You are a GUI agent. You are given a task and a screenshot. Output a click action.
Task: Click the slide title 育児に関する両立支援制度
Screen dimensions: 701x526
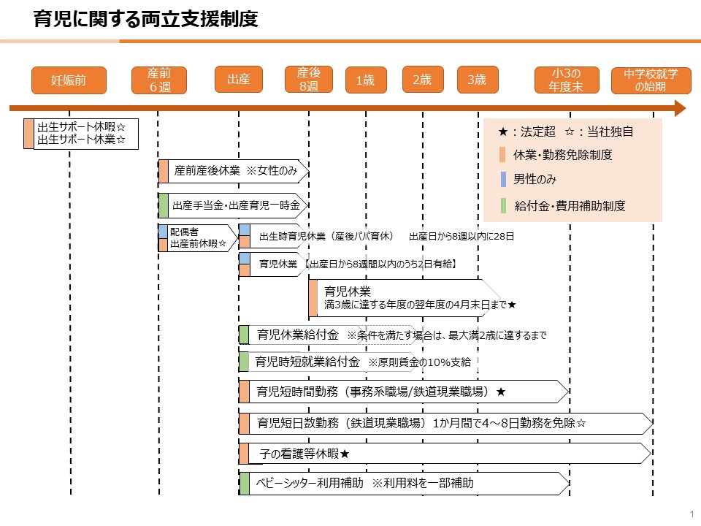pyautogui.click(x=146, y=19)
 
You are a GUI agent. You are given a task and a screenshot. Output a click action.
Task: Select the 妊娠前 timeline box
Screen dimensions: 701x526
pyautogui.click(x=69, y=80)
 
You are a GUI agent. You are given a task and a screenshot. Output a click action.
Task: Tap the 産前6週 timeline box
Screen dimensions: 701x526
pyautogui.click(x=159, y=80)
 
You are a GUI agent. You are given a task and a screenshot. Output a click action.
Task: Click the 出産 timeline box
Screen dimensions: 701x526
pyautogui.click(x=239, y=80)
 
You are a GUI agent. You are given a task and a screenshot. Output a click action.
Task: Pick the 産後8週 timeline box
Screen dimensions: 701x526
pyautogui.click(x=309, y=80)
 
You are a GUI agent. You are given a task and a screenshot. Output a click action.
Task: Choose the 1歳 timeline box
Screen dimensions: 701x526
pyautogui.click(x=366, y=80)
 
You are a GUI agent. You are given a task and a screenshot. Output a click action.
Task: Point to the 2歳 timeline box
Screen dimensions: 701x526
pyautogui.click(x=423, y=80)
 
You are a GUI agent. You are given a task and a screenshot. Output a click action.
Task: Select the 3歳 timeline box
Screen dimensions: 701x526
pyautogui.click(x=478, y=80)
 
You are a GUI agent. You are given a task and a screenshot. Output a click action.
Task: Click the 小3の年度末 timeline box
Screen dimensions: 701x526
pyautogui.click(x=567, y=80)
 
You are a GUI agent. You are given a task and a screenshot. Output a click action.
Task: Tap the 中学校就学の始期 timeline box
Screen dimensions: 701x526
pyautogui.click(x=651, y=80)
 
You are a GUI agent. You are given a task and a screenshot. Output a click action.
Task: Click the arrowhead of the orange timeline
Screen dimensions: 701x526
pyautogui.click(x=681, y=108)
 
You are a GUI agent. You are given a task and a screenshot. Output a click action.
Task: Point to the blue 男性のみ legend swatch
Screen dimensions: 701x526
pyautogui.click(x=503, y=180)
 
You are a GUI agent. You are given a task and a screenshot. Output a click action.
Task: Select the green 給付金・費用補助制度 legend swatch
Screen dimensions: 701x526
pyautogui.click(x=503, y=206)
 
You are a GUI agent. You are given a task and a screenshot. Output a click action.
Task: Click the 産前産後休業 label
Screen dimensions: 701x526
pyautogui.click(x=207, y=171)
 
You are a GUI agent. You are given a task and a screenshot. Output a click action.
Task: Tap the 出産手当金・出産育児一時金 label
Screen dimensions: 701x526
pyautogui.click(x=236, y=205)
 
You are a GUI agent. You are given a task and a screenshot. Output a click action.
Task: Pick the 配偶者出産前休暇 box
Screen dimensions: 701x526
pyautogui.click(x=198, y=238)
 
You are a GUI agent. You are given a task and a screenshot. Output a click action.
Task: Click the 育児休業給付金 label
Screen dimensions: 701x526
pyautogui.click(x=298, y=335)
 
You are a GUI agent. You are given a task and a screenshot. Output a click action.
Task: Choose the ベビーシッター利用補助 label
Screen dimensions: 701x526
pyautogui.click(x=310, y=483)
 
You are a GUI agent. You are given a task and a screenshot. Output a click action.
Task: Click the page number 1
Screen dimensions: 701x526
pyautogui.click(x=692, y=514)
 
